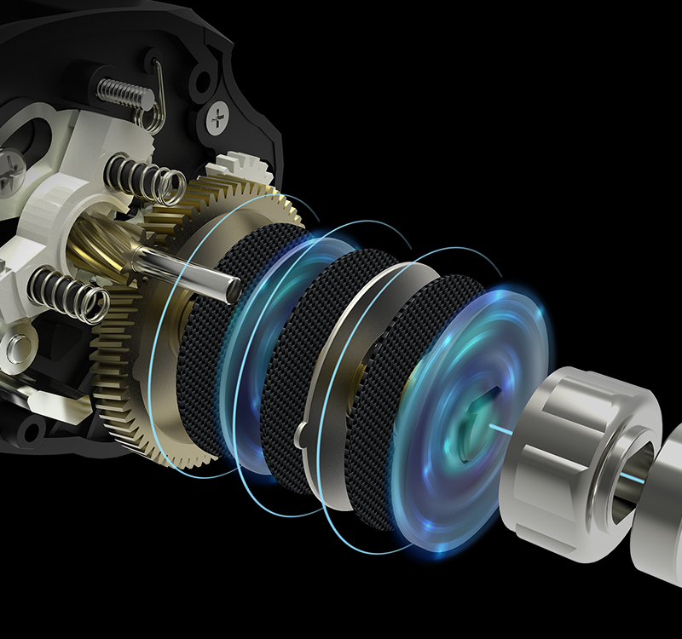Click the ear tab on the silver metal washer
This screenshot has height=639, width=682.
tap(300, 435)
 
